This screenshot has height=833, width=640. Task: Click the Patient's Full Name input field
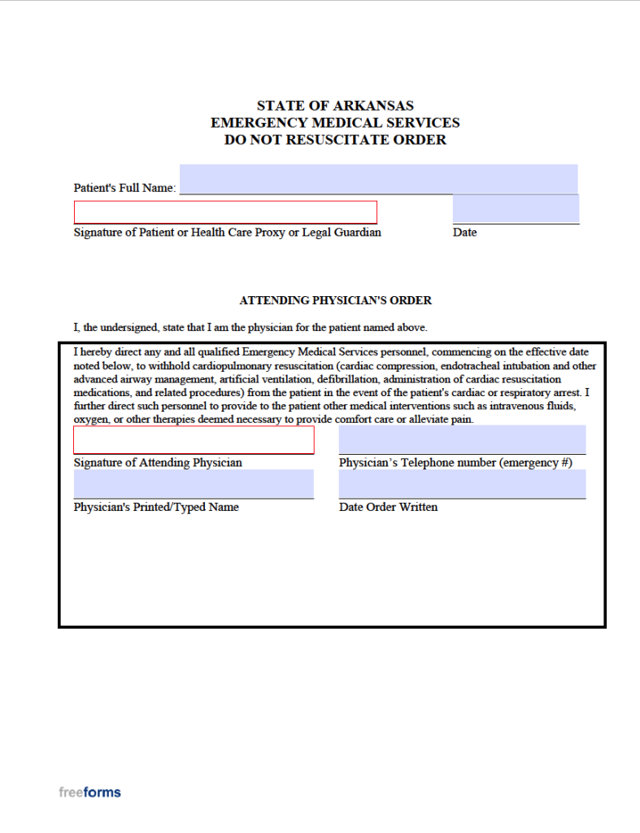(x=378, y=179)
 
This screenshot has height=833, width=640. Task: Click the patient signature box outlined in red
(x=225, y=212)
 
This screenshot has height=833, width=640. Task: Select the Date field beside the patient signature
(x=516, y=208)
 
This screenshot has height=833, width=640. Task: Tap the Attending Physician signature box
(x=194, y=440)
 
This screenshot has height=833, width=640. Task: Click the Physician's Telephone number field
(x=462, y=439)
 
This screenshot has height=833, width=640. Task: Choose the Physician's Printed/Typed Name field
(x=194, y=483)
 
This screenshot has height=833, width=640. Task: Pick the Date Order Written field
(x=462, y=483)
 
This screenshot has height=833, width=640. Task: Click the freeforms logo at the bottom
(x=89, y=792)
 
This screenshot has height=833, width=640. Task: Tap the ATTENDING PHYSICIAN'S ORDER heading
(x=335, y=300)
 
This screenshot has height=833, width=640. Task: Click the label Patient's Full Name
(x=124, y=188)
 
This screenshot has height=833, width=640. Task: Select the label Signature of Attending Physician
(x=158, y=463)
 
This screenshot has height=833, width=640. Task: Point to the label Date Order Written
(x=388, y=507)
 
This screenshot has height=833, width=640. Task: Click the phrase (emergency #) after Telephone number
(x=535, y=463)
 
